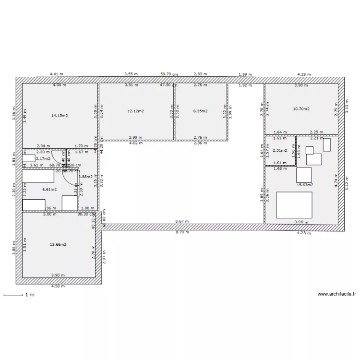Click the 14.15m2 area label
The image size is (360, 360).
pyautogui.click(x=60, y=116)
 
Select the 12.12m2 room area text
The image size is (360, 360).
pyautogui.click(x=136, y=111)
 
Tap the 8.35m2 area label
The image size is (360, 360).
pyautogui.click(x=200, y=111)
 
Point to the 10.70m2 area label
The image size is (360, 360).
pyautogui.click(x=301, y=109)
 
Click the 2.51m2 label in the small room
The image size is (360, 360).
pyautogui.click(x=279, y=150)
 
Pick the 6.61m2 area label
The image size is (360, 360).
pyautogui.click(x=49, y=189)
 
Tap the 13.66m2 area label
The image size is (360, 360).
pyautogui.click(x=58, y=244)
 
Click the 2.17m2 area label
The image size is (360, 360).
pyautogui.click(x=43, y=159)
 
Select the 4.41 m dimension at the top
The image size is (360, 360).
pyautogui.click(x=57, y=74)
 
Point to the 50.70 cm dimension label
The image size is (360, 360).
pyautogui.click(x=169, y=74)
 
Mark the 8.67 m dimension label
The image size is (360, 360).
pyautogui.click(x=182, y=221)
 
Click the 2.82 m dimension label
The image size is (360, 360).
pyautogui.click(x=200, y=74)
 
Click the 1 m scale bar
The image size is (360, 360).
pyautogui.click(x=13, y=295)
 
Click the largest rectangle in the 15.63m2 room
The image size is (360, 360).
pyautogui.click(x=293, y=205)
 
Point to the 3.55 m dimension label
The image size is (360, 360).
pyautogui.click(x=131, y=74)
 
